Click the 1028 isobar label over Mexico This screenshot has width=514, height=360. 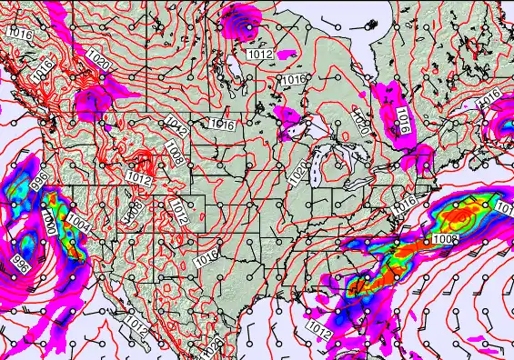212,346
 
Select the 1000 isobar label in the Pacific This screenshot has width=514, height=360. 47,222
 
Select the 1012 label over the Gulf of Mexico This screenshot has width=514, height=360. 318,326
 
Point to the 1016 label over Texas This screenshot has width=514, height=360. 207,257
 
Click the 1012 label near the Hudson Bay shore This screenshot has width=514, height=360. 259,55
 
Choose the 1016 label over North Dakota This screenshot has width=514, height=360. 221,124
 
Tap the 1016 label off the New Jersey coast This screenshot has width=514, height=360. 404,206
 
